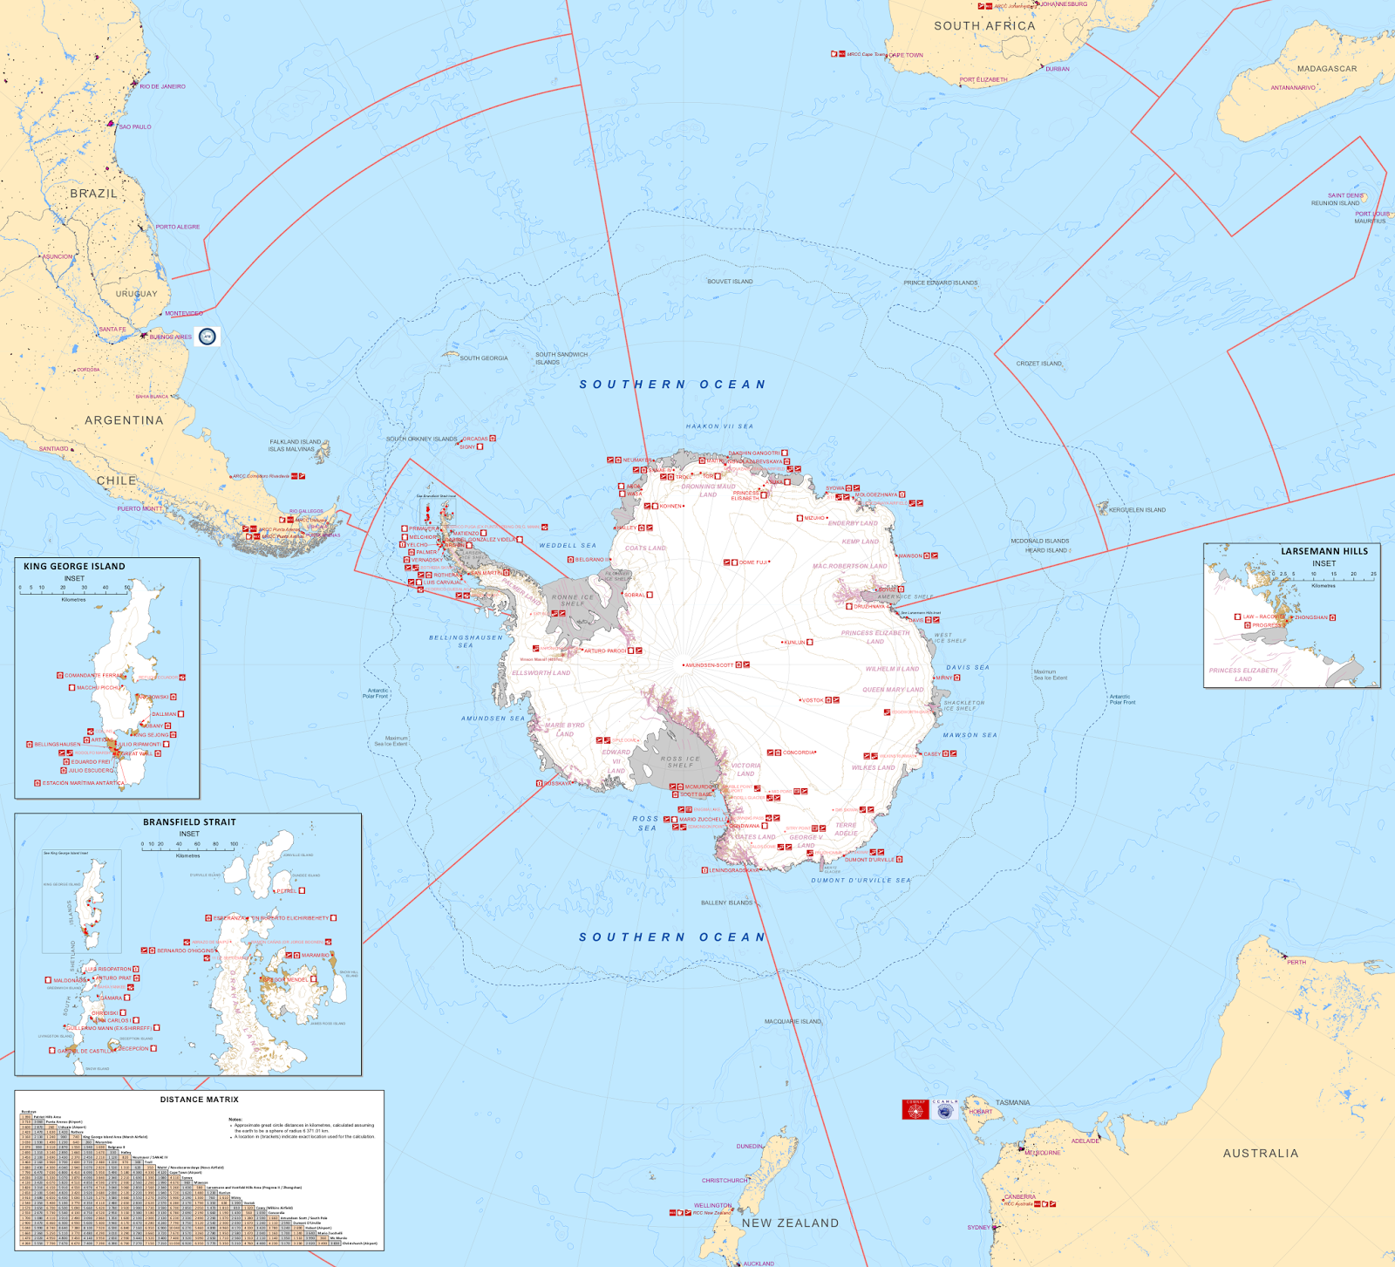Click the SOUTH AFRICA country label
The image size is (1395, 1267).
[x=984, y=26]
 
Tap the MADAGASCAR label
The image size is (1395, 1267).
[x=1326, y=69]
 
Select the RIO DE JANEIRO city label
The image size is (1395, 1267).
[x=162, y=86]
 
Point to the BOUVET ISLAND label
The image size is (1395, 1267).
[x=730, y=282]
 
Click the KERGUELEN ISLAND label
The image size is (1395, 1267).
[x=1137, y=510]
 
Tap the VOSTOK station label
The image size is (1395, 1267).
[x=813, y=700]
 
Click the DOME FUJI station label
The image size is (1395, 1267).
[x=753, y=562]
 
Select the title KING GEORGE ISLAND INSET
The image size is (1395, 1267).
[x=74, y=567]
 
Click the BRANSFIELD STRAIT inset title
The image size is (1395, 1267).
[x=189, y=822]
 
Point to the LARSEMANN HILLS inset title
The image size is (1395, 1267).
[x=1324, y=551]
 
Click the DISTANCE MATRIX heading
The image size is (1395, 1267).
[x=199, y=1100]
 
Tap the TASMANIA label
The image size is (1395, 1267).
[x=1012, y=1103]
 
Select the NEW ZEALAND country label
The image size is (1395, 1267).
[x=790, y=1223]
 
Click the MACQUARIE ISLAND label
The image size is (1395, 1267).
[x=793, y=1021]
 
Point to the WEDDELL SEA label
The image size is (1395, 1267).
[x=568, y=546]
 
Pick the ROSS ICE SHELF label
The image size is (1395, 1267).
[x=680, y=762]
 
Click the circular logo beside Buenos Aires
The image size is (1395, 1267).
[x=208, y=337]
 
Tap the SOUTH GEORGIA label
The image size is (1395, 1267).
[x=483, y=358]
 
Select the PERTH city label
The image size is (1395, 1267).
[x=1296, y=963]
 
